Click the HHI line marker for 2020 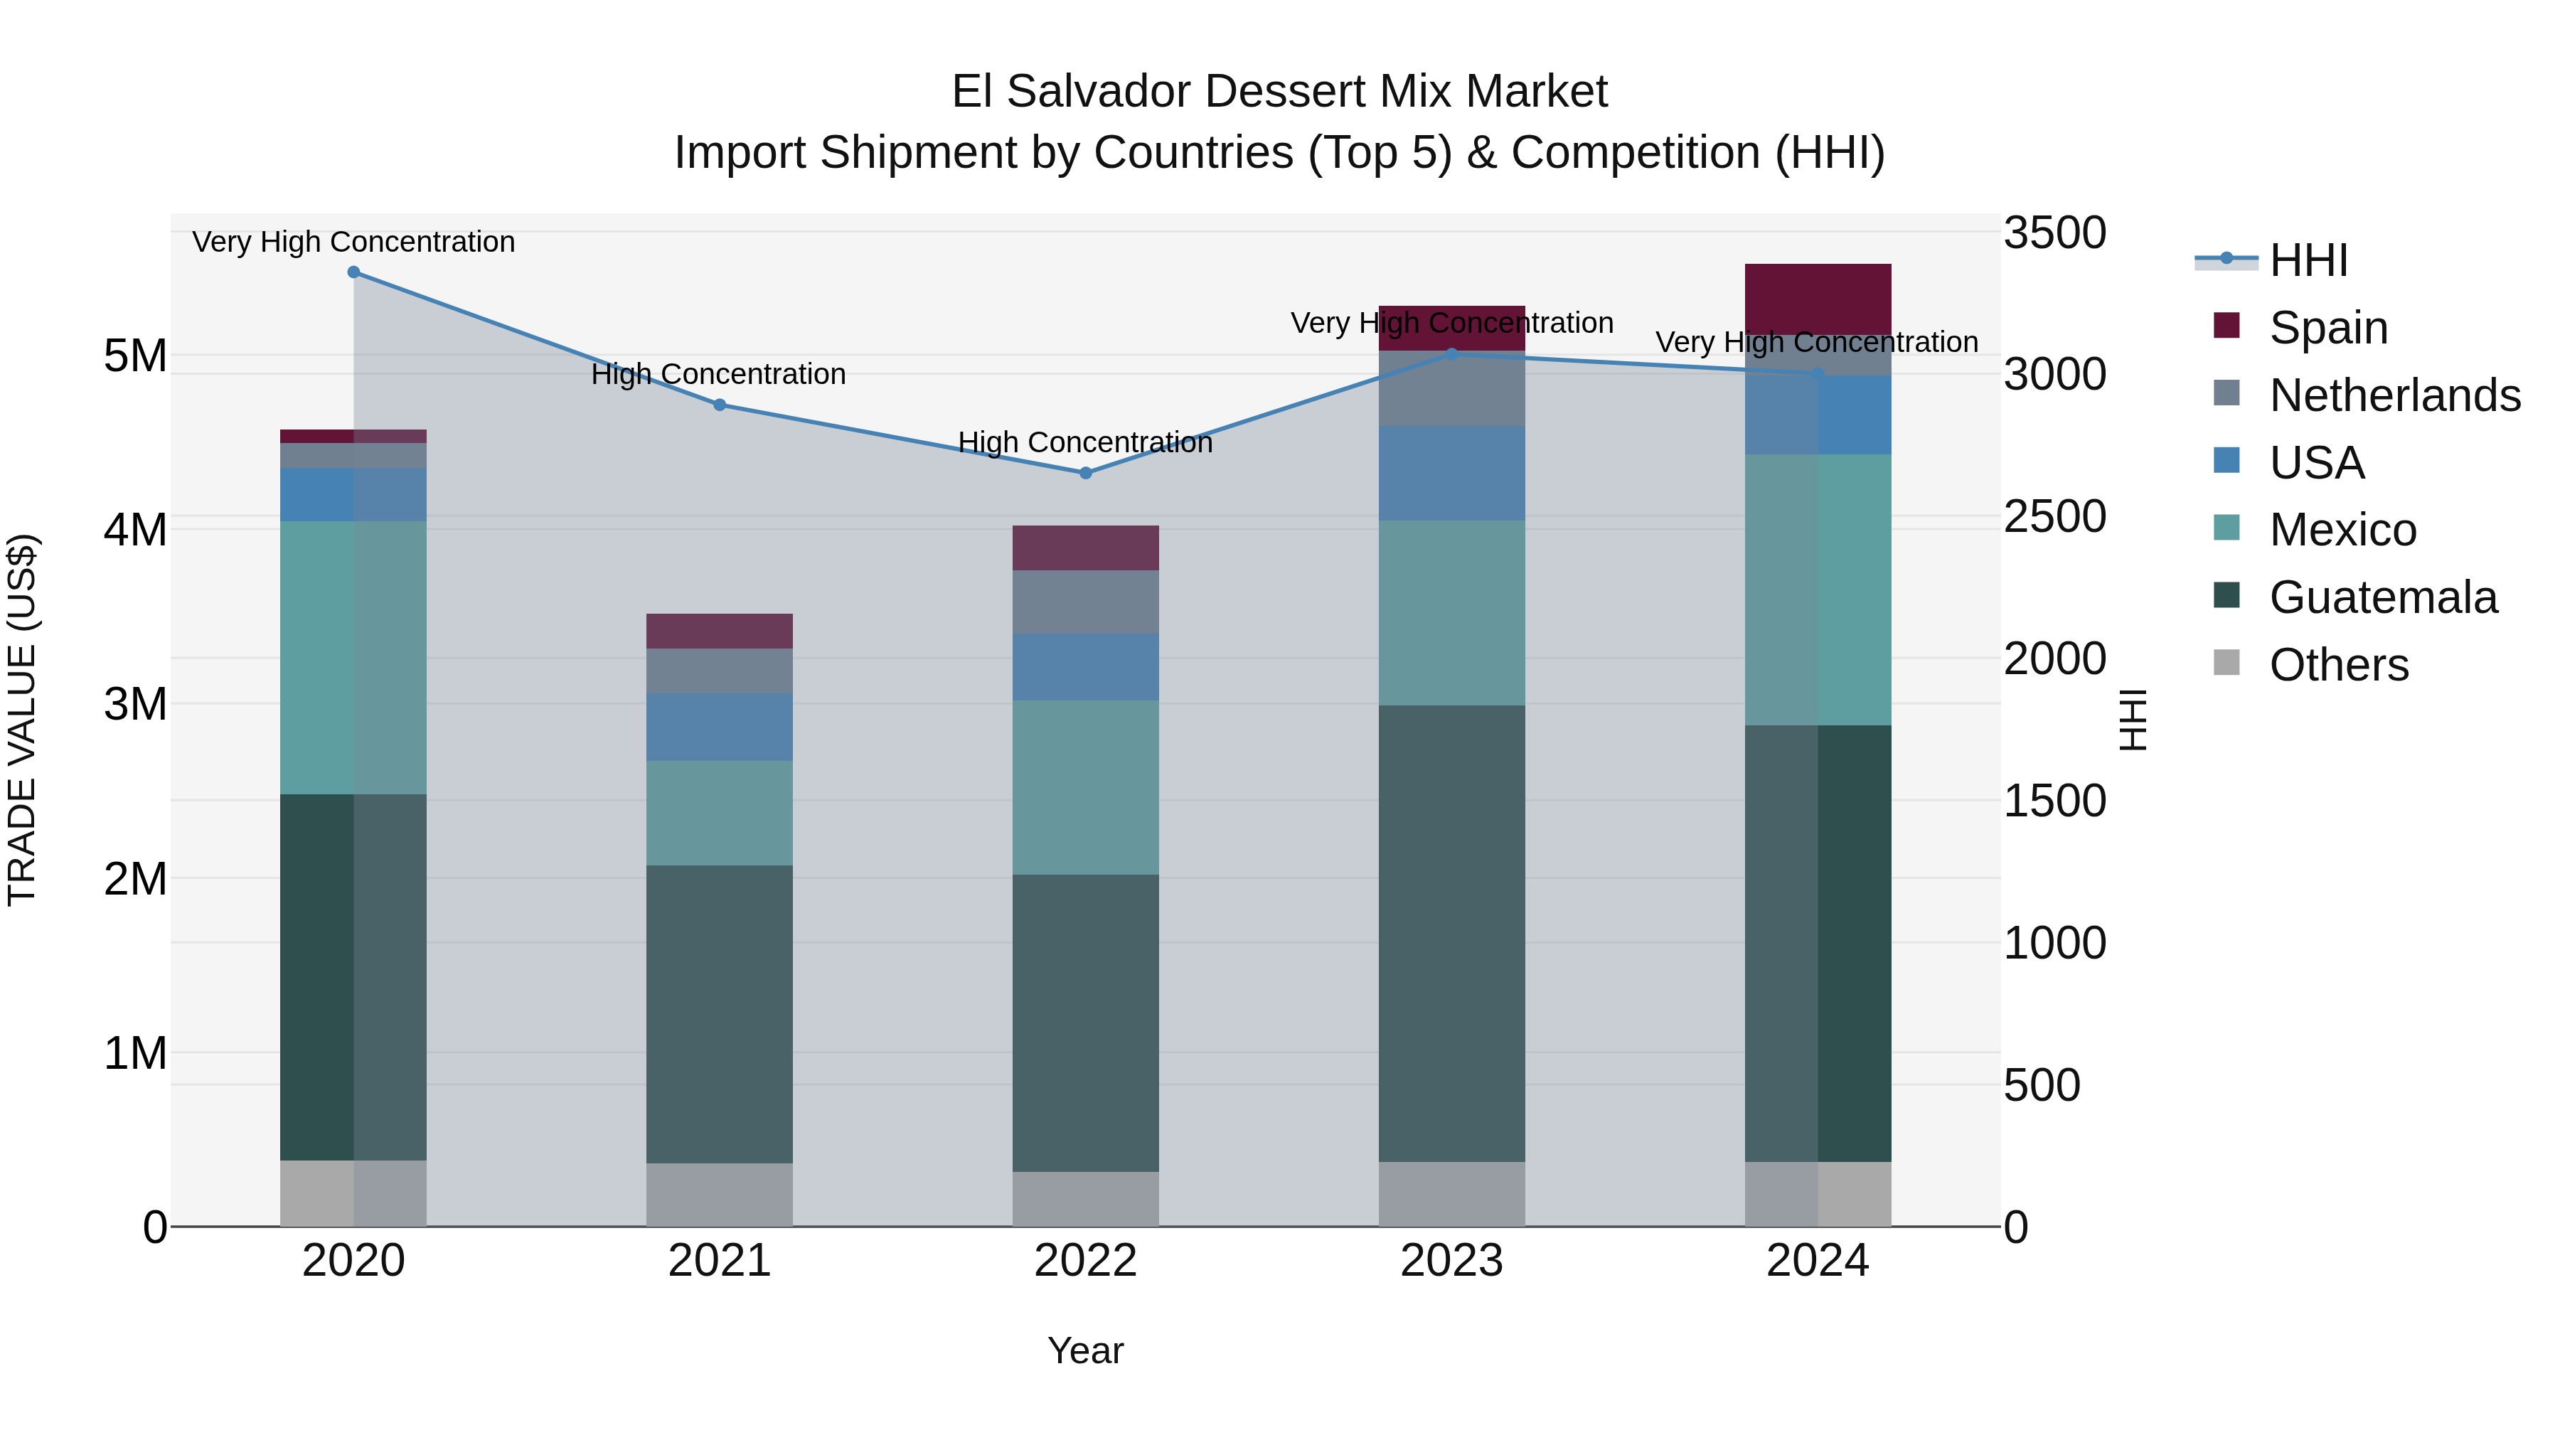tap(354, 272)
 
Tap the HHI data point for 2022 tap(1085, 473)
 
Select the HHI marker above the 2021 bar tap(720, 405)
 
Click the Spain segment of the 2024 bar tap(1818, 299)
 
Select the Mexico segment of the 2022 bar tap(1085, 787)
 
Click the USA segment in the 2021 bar tap(720, 727)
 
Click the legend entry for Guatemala tap(2382, 597)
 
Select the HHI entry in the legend tap(2308, 260)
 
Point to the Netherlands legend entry tap(2394, 395)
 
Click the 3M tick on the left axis tap(135, 703)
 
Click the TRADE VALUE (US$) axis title tap(22, 720)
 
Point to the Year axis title tap(1085, 1350)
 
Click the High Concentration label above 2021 tap(718, 375)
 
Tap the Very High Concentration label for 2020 tap(354, 242)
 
